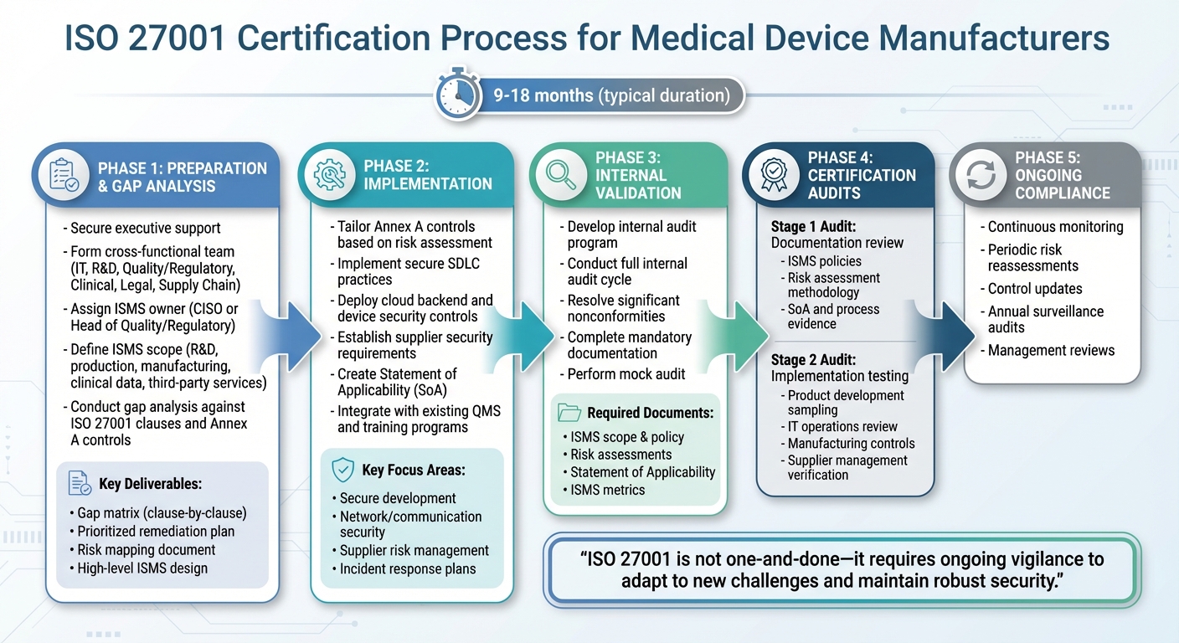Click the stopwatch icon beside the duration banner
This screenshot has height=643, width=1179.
pos(458,95)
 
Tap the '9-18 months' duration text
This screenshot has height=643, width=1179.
pos(543,95)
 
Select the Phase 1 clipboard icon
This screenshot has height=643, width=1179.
pos(64,175)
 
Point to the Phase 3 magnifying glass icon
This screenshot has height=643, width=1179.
pos(561,175)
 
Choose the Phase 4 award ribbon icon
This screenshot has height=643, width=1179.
pos(774,175)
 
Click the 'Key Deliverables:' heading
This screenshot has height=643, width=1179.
pos(150,484)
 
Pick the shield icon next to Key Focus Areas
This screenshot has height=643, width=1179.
pos(342,470)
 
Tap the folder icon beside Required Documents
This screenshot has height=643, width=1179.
pos(569,412)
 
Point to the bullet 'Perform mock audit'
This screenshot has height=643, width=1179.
pos(626,373)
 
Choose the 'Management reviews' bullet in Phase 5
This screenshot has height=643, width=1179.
pos(1050,350)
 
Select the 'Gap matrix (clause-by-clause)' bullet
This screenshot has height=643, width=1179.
pos(161,512)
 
